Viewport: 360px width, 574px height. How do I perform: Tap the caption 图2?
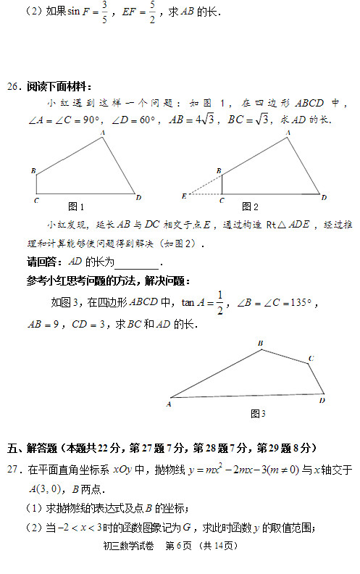click(251, 206)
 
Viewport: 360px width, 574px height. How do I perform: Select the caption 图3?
click(258, 413)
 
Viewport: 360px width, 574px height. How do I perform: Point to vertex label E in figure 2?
click(184, 196)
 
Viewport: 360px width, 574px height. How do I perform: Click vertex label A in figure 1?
click(102, 133)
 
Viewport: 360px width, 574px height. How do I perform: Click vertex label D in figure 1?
click(138, 197)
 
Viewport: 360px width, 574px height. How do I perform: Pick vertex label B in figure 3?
click(260, 343)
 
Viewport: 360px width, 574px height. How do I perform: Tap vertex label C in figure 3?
click(311, 358)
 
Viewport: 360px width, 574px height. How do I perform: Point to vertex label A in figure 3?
click(168, 404)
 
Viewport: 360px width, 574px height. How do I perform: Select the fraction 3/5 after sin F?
click(105, 12)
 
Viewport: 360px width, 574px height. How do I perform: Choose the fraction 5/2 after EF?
click(172, 12)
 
